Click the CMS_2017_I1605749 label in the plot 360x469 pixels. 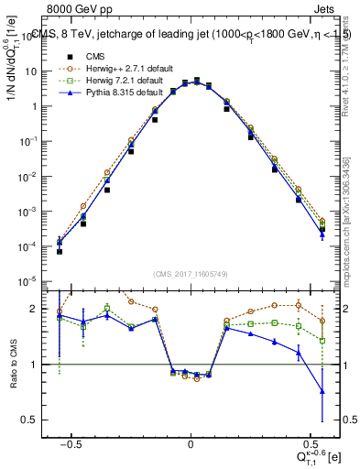tap(190, 274)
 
